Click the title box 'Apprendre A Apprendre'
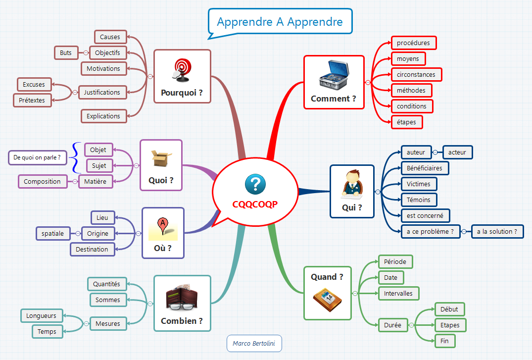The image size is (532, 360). pyautogui.click(x=280, y=22)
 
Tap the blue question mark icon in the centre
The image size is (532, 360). pyautogui.click(x=255, y=185)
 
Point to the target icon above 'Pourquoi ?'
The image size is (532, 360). pyautogui.click(x=182, y=70)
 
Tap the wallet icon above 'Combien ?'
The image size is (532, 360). pyautogui.click(x=182, y=297)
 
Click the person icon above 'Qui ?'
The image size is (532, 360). pyautogui.click(x=352, y=185)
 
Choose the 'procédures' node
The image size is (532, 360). pyautogui.click(x=413, y=43)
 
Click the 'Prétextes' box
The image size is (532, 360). pyautogui.click(x=32, y=101)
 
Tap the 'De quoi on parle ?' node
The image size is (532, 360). pyautogui.click(x=37, y=158)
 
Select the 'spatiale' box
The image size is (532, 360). pyautogui.click(x=53, y=234)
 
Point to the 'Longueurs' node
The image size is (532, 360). pyautogui.click(x=41, y=316)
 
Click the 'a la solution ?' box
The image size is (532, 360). pyautogui.click(x=497, y=231)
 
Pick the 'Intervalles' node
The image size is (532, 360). pyautogui.click(x=398, y=294)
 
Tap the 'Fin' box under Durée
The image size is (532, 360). pyautogui.click(x=444, y=341)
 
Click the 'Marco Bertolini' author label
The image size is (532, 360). pyautogui.click(x=254, y=344)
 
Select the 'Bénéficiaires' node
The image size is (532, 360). pyautogui.click(x=425, y=168)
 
